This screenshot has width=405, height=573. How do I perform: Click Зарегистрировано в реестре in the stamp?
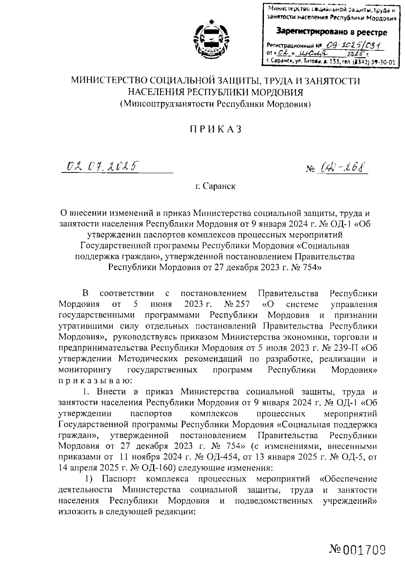click(332, 32)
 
